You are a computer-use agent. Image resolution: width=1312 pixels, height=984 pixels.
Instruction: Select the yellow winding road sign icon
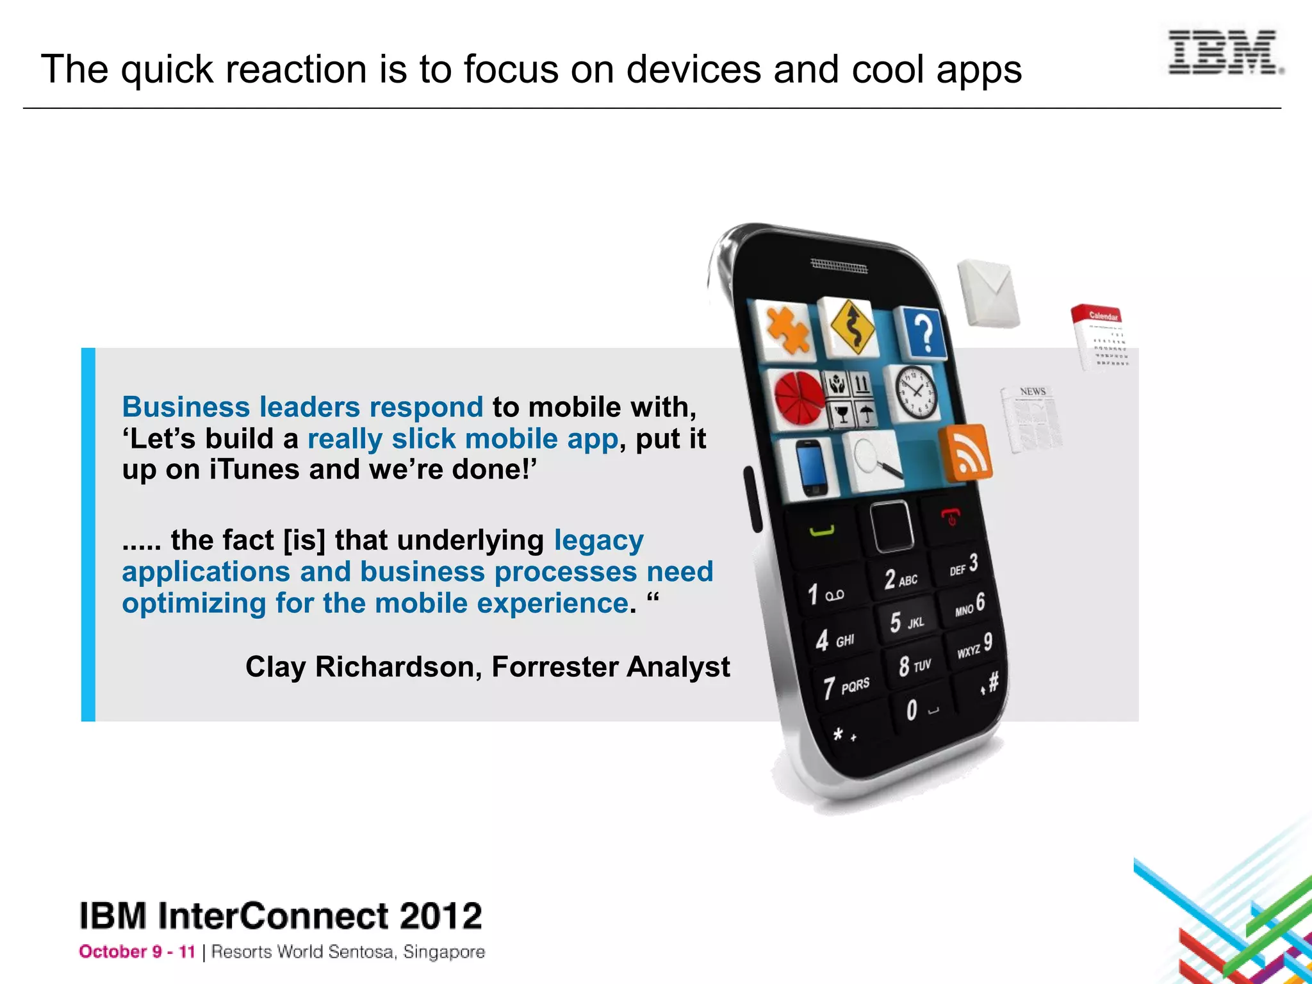(851, 327)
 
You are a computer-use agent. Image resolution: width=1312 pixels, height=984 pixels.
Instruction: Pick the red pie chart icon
(798, 397)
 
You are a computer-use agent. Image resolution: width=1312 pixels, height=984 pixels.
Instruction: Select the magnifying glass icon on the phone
(874, 458)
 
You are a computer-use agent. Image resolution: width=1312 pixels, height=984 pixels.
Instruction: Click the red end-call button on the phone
(951, 515)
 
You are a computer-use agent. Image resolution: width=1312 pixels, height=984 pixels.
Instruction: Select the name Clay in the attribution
(275, 667)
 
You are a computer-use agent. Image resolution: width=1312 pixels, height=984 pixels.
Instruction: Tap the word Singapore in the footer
(444, 952)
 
